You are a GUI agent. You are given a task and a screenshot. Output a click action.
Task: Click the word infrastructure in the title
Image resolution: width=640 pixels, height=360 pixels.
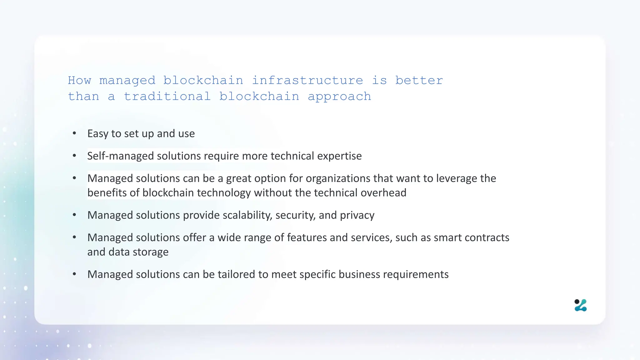click(307, 81)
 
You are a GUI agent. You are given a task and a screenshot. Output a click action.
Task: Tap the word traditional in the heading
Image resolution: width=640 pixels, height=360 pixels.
click(167, 97)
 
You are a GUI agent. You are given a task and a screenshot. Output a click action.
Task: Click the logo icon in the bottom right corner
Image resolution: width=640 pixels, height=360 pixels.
click(581, 305)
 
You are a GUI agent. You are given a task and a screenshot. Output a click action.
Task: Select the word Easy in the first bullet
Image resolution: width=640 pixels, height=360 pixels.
click(97, 134)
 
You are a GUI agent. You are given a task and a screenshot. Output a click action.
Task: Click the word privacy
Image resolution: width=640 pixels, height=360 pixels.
click(357, 215)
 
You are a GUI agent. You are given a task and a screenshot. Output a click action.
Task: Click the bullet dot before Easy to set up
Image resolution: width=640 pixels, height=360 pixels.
click(74, 134)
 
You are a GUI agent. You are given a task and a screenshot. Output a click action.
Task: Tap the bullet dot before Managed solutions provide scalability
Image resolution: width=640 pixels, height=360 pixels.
click(74, 215)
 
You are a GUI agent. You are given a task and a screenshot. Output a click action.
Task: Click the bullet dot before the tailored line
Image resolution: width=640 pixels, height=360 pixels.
click(74, 274)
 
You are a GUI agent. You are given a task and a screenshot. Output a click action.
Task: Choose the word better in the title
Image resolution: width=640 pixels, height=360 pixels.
click(419, 81)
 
